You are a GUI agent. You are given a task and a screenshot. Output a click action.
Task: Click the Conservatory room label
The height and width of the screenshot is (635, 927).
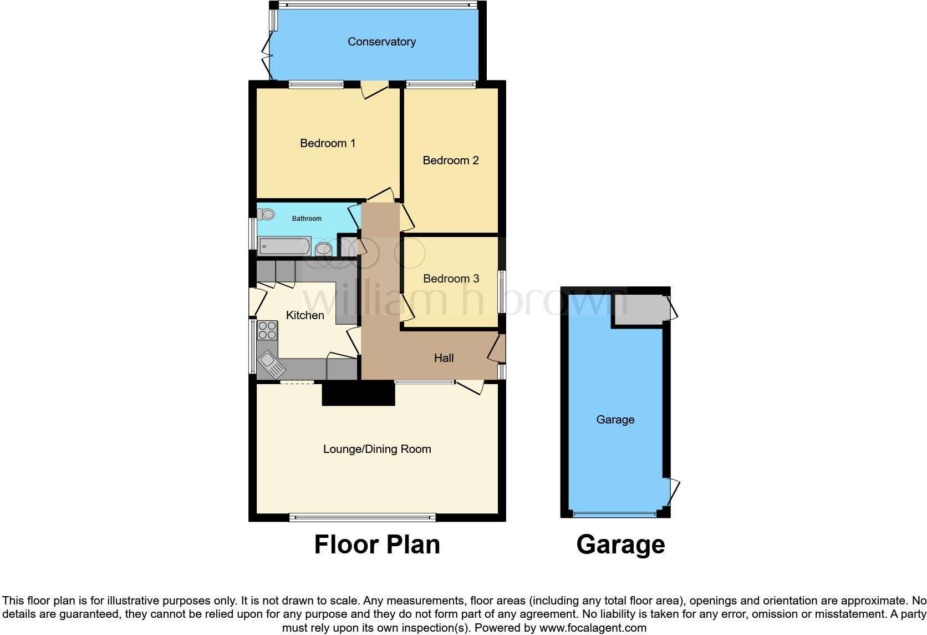(381, 42)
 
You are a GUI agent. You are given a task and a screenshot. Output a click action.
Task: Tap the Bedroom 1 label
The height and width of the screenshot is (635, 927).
(327, 143)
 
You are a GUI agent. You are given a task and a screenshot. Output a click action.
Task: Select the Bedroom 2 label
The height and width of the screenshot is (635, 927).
(450, 160)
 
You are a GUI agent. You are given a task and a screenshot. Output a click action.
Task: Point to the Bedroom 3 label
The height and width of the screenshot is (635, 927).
(451, 279)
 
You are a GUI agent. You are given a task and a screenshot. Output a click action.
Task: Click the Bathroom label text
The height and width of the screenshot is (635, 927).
(307, 219)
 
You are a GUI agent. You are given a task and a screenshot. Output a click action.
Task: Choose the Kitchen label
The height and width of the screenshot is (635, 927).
(305, 315)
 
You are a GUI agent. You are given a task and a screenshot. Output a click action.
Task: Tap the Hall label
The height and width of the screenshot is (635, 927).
(444, 358)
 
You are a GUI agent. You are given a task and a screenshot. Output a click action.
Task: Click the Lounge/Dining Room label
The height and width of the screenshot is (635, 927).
(377, 449)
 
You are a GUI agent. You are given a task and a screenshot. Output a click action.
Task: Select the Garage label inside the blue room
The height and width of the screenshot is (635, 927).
(615, 420)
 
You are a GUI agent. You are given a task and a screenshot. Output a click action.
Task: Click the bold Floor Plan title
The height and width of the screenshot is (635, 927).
(377, 545)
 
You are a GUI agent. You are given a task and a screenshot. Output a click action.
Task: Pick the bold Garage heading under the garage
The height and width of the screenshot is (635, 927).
(620, 545)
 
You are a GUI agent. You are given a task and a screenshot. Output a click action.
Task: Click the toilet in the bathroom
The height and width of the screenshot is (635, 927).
(267, 214)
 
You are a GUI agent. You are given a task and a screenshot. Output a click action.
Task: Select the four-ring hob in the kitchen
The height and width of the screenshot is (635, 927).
(267, 330)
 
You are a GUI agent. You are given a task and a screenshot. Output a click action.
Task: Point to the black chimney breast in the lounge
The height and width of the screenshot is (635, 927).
(358, 394)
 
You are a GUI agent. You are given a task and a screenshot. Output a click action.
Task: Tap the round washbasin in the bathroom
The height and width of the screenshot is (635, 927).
(323, 250)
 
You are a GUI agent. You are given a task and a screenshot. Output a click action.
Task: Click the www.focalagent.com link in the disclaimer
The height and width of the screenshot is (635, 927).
(593, 628)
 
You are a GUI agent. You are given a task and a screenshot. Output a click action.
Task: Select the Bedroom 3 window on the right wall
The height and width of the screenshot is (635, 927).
(501, 291)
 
